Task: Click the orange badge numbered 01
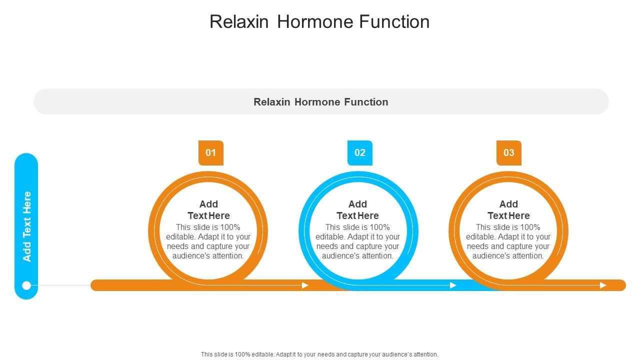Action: point(210,152)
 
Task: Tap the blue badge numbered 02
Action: point(359,152)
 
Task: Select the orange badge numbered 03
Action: point(508,152)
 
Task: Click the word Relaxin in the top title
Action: point(239,22)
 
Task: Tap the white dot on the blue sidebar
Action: point(27,285)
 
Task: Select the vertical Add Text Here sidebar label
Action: point(27,226)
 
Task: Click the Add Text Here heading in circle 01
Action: point(208,210)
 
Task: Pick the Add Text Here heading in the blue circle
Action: point(357,210)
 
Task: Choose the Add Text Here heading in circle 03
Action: point(508,210)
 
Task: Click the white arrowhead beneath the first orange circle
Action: point(305,285)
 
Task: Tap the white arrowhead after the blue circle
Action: point(453,285)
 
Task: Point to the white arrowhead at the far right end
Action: point(603,285)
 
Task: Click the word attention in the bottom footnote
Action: point(423,354)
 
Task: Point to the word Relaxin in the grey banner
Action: point(272,102)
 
